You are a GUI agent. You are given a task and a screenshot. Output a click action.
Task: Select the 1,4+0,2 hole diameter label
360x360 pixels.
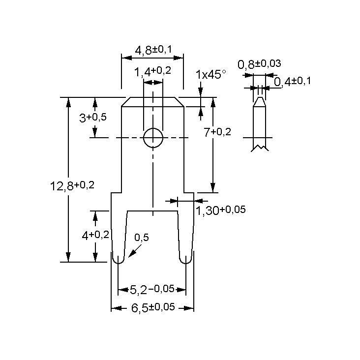pyautogui.click(x=152, y=71)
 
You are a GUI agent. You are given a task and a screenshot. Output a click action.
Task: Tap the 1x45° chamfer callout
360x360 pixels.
pyautogui.click(x=210, y=74)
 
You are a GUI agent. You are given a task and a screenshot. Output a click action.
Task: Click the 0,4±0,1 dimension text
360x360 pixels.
pyautogui.click(x=292, y=81)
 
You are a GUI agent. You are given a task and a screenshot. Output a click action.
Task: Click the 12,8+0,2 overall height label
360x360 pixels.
pyautogui.click(x=72, y=186)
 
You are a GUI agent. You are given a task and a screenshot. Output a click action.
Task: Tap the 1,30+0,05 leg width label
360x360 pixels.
pyautogui.click(x=221, y=210)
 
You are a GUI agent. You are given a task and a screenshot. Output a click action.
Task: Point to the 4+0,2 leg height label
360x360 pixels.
pyautogui.click(x=95, y=235)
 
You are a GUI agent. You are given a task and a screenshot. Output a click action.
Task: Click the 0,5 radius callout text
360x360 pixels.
pyautogui.click(x=141, y=238)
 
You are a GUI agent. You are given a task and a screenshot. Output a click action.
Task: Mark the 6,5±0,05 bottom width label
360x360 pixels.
pyautogui.click(x=152, y=308)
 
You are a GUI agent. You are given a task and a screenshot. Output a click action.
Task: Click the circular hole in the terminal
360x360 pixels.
pyautogui.click(x=153, y=138)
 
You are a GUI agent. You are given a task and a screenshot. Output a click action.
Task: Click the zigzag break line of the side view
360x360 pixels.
pyautogui.click(x=260, y=148)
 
